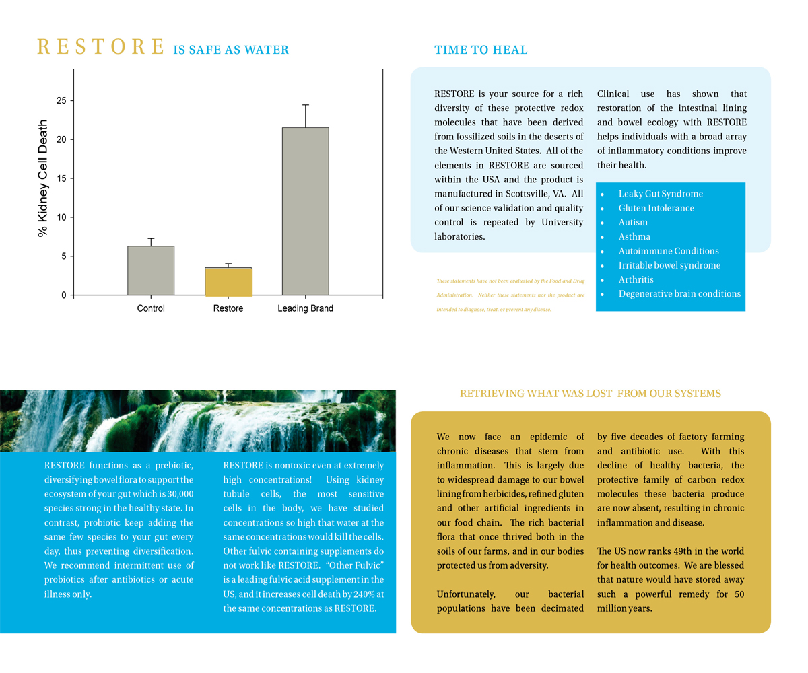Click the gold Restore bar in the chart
click(228, 281)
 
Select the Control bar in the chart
click(151, 271)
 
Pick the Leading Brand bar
click(305, 211)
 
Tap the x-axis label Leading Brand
click(305, 308)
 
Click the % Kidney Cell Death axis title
click(43, 178)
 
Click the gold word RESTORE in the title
click(101, 48)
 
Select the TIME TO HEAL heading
click(481, 50)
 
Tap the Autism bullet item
click(633, 222)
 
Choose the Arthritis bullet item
click(636, 279)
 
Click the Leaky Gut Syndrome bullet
click(661, 194)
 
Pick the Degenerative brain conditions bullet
click(679, 293)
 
